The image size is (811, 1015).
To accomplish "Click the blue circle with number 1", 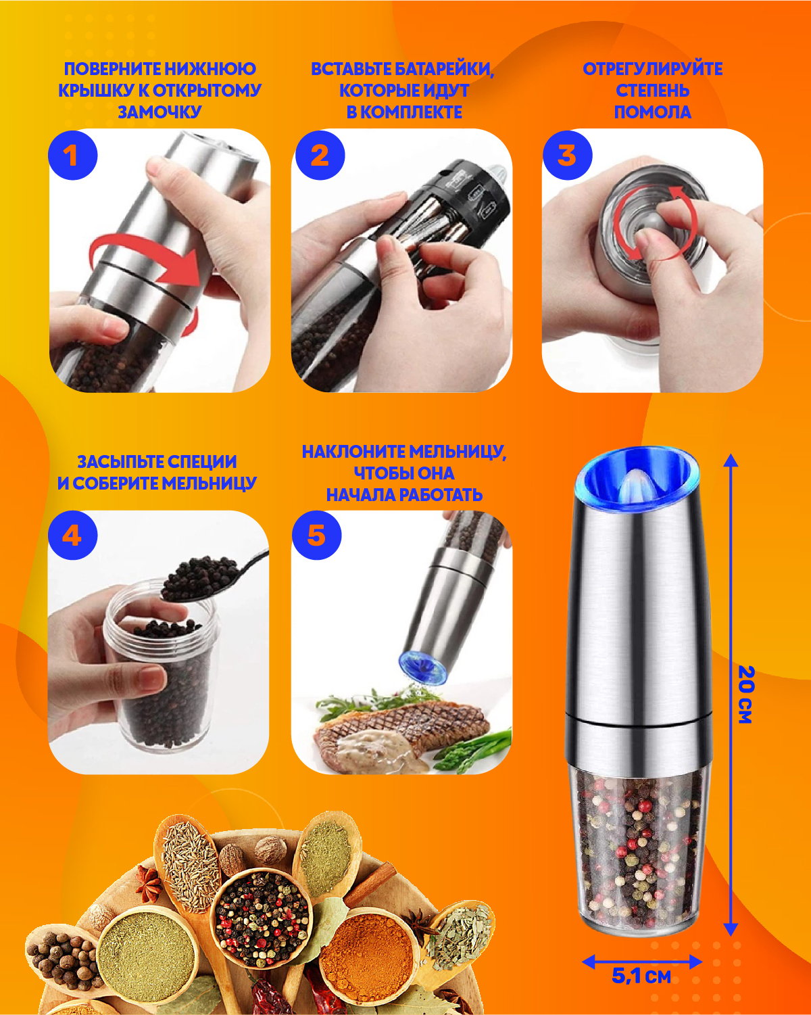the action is click(72, 155).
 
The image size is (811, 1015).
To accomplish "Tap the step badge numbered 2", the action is click(320, 155).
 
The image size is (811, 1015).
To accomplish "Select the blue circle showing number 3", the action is click(567, 155).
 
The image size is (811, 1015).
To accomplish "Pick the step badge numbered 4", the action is click(72, 536).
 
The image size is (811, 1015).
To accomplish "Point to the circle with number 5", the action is click(316, 536).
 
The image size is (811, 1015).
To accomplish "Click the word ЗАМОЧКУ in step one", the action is click(159, 112).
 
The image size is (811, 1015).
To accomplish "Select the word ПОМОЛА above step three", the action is click(653, 112).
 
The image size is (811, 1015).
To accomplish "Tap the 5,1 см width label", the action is click(641, 976).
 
